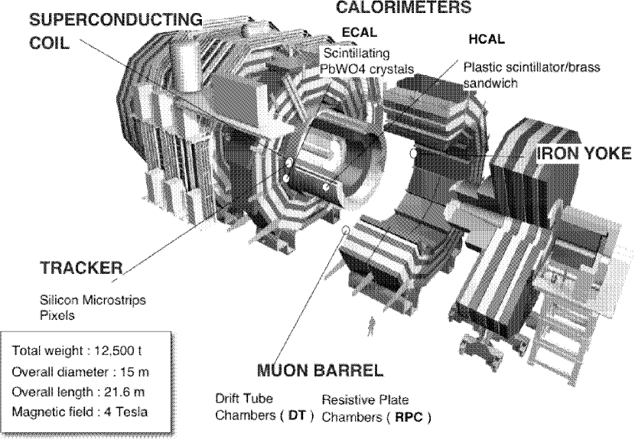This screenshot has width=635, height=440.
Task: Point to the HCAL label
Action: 486,40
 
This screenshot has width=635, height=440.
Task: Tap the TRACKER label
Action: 80,269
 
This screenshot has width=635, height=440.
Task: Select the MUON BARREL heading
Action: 319,372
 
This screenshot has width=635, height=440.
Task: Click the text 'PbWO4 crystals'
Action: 366,69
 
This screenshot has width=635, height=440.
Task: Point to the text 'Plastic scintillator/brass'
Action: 532,67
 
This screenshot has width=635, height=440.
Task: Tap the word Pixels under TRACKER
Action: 55,315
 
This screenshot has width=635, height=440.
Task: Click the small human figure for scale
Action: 373,325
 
